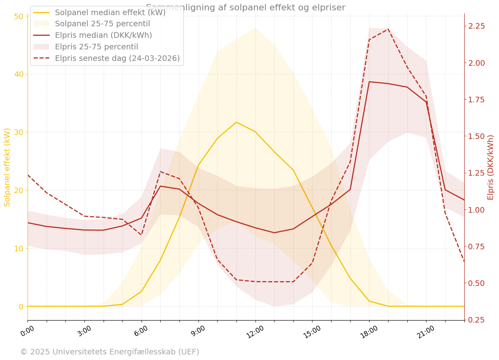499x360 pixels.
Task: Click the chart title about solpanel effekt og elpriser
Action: (245, 8)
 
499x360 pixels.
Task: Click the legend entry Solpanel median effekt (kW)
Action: (110, 12)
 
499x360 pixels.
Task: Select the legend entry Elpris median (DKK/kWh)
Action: (103, 35)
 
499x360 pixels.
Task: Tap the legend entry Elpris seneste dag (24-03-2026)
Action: (117, 59)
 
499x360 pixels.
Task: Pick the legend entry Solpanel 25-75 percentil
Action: (102, 24)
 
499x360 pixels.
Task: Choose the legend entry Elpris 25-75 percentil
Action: (96, 47)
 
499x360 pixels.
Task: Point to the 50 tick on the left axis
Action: (19, 16)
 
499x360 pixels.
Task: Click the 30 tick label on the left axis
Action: (19, 132)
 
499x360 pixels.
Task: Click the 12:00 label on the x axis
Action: (255, 332)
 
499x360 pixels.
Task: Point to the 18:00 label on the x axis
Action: (369, 332)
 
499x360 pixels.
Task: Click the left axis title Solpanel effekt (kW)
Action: (7, 167)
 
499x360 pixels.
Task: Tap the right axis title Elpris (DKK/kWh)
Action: (491, 167)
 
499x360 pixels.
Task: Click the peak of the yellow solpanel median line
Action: (236, 122)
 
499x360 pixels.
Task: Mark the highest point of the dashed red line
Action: (388, 29)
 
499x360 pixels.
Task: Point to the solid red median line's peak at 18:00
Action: (369, 82)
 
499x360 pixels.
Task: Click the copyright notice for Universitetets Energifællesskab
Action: (110, 352)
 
